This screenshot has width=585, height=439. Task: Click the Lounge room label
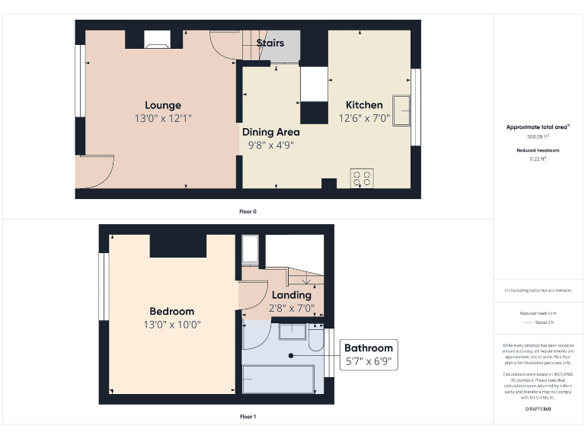(x=163, y=105)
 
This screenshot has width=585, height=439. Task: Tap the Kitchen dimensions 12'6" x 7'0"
(x=364, y=118)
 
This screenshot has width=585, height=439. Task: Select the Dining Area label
(x=271, y=132)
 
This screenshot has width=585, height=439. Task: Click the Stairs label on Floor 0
(x=270, y=43)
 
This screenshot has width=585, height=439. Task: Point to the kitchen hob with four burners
(x=361, y=178)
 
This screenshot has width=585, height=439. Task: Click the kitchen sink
(x=401, y=105)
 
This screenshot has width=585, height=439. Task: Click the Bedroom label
(x=171, y=311)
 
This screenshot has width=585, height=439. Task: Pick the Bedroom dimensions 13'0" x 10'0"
(x=171, y=324)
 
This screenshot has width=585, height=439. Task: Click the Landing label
(x=291, y=295)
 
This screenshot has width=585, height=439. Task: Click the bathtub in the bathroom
(x=278, y=378)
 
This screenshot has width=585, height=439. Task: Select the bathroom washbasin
(x=291, y=332)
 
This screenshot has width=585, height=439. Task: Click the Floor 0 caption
(x=248, y=211)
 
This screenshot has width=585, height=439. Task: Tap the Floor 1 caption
(x=248, y=417)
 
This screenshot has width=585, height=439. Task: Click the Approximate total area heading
(x=538, y=127)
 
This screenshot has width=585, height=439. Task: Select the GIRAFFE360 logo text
(x=538, y=409)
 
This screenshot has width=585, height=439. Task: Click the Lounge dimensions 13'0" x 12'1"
(x=163, y=118)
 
